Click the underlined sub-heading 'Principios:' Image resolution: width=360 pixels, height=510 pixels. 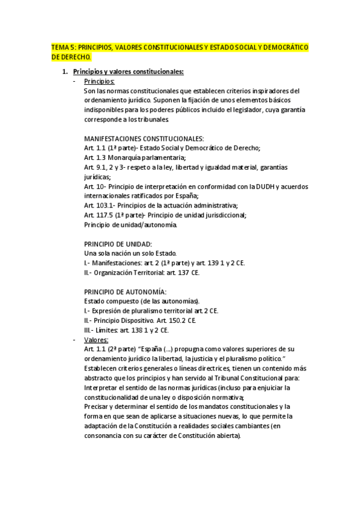pos(100,81)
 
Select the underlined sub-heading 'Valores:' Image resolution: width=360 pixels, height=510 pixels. pos(96,340)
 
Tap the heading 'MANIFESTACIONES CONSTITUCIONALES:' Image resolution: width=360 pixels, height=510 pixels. pos(144,138)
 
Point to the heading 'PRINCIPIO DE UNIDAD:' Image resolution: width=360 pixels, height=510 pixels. pos(118,244)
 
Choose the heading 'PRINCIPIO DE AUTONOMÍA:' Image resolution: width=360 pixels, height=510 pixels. pos(124,292)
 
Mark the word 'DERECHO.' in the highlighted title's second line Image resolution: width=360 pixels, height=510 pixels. pos(71,57)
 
